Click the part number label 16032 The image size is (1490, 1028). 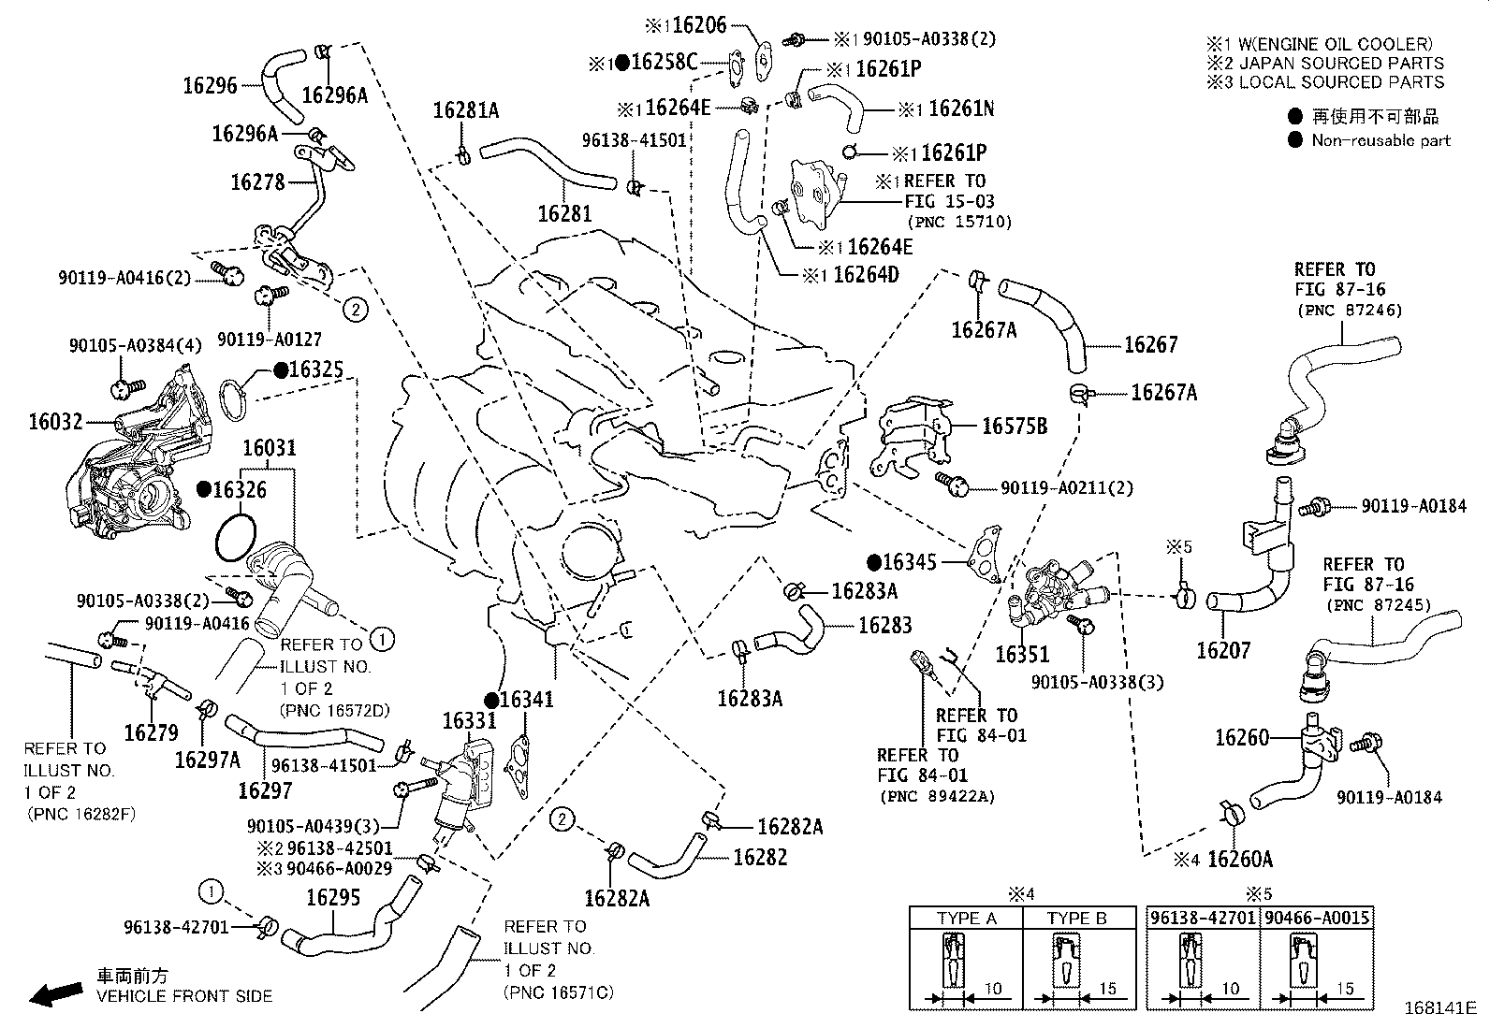click(x=56, y=422)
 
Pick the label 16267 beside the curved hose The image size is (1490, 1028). click(x=1150, y=345)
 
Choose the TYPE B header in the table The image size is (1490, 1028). click(x=1076, y=919)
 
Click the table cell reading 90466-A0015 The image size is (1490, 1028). click(x=1316, y=919)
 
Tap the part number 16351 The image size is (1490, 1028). click(x=1022, y=654)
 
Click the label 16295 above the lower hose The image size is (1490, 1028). click(x=333, y=898)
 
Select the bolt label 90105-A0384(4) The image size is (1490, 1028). click(x=135, y=345)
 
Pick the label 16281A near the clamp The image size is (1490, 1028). click(x=465, y=110)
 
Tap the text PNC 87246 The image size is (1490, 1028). click(x=1349, y=311)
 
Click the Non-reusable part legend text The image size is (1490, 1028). click(x=1380, y=140)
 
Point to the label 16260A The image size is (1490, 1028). click(x=1240, y=859)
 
